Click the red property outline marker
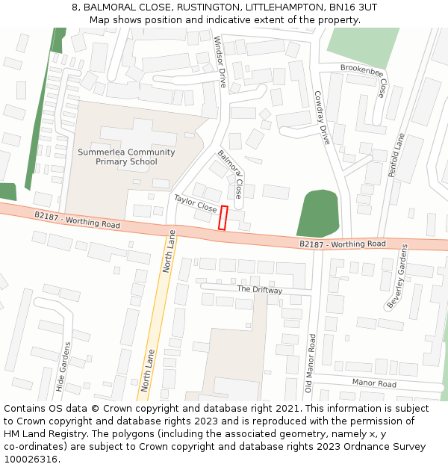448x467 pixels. coord(223,217)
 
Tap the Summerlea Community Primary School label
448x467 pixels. coord(126,157)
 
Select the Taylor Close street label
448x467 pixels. coord(195,203)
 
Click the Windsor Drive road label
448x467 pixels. coord(220,62)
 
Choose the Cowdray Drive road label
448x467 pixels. coord(321,117)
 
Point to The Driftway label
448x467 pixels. coord(260,289)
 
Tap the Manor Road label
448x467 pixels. coord(373,383)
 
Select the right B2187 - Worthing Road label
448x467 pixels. coord(343,244)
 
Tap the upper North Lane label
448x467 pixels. coord(170,250)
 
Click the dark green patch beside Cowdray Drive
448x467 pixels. coord(318,213)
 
